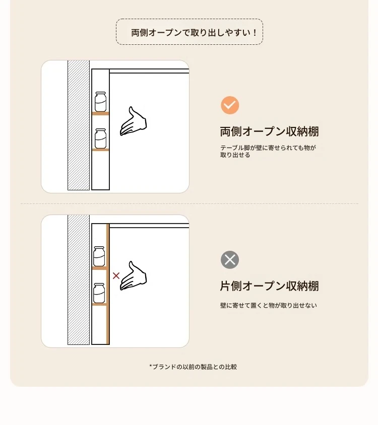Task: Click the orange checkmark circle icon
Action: [x=230, y=105]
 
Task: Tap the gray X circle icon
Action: [x=230, y=260]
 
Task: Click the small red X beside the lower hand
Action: [x=116, y=275]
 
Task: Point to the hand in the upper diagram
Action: [x=133, y=121]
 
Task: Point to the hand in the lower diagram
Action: [x=133, y=276]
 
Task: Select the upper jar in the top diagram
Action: [x=100, y=102]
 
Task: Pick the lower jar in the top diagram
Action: [x=100, y=138]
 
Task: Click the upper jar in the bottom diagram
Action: [x=99, y=256]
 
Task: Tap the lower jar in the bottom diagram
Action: [x=99, y=293]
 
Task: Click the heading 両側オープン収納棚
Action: [x=269, y=131]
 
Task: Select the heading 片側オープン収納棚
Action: [x=269, y=286]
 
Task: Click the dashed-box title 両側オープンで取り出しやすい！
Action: [x=194, y=33]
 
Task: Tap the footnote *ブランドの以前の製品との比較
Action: [x=193, y=367]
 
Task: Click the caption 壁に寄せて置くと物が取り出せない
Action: [x=268, y=306]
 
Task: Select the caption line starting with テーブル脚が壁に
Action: [x=268, y=148]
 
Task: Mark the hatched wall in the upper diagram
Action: [x=79, y=125]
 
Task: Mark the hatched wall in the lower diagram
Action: [x=79, y=279]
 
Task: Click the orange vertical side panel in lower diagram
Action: [x=108, y=284]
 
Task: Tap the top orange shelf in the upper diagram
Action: [x=100, y=114]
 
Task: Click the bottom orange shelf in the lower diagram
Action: [x=99, y=305]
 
